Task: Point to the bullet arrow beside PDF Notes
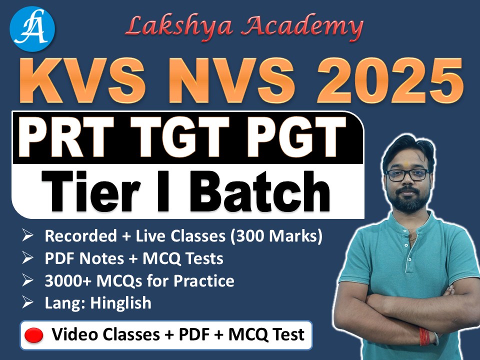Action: pos(28,259)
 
